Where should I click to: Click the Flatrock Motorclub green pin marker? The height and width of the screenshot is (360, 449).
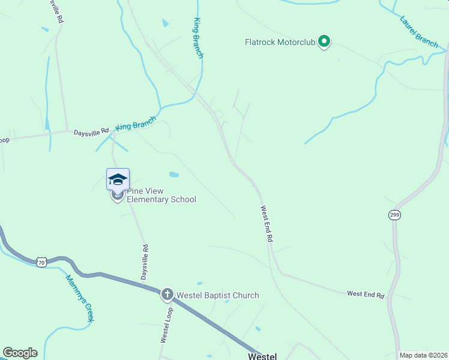324,42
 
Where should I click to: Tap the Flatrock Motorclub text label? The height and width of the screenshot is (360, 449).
280,42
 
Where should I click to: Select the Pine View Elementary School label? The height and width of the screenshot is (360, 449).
161,195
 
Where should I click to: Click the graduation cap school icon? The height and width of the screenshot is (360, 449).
118,179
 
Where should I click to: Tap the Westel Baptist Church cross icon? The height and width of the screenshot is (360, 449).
167,295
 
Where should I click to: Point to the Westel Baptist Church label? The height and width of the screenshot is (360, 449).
217,295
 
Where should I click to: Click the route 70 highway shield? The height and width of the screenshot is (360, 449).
41,262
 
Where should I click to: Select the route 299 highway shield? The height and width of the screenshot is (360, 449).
394,215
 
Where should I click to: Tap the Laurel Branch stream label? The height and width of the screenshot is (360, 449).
418,31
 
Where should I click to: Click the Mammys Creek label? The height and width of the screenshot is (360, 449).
80,299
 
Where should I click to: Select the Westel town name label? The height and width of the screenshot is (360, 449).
263,356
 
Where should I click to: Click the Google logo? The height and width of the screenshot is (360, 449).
20,353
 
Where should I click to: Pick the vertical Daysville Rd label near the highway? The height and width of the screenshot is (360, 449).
144,262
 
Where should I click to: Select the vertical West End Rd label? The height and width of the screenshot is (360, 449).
267,224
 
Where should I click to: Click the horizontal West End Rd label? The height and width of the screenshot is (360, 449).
365,294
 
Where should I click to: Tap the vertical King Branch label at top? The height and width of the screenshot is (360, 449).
198,38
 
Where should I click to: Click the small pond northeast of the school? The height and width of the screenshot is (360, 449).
174,175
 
